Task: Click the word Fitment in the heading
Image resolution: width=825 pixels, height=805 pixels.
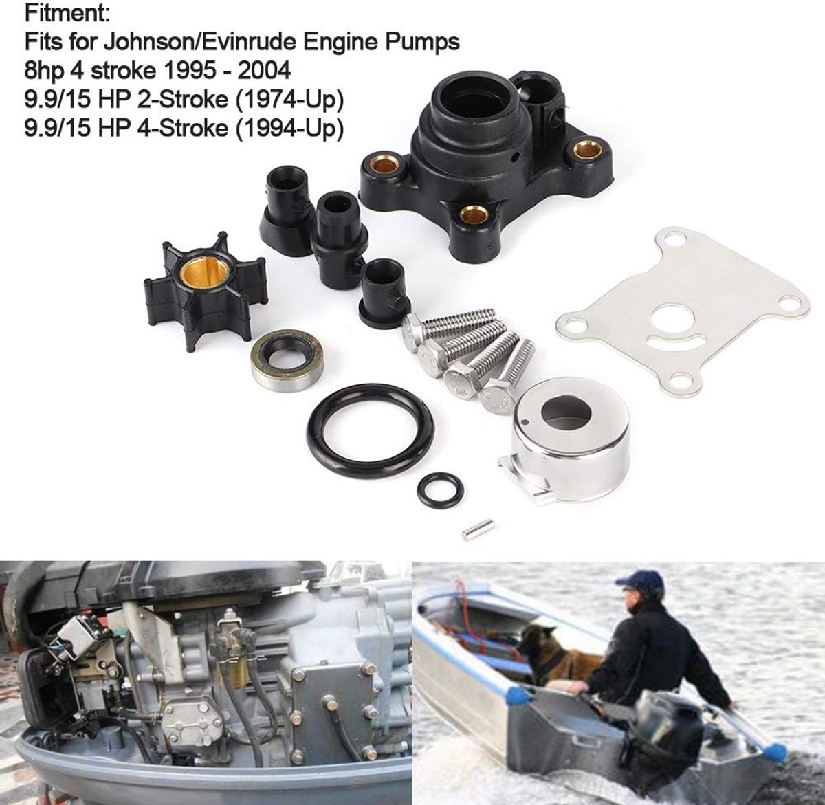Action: click(x=67, y=13)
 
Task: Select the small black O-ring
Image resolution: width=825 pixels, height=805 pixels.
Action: click(x=441, y=489)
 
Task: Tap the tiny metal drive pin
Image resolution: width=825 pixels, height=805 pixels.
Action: click(x=478, y=529)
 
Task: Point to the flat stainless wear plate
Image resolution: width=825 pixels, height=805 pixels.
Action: click(x=683, y=312)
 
